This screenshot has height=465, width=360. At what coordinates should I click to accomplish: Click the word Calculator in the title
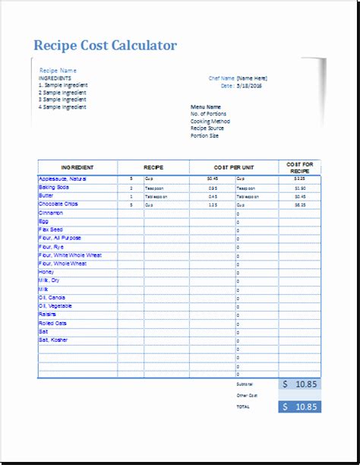tap(143, 46)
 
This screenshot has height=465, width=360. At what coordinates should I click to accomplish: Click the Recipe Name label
tap(58, 70)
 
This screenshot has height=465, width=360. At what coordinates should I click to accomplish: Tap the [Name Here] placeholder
tap(251, 77)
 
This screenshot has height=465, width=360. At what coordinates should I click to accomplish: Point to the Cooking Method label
tap(210, 122)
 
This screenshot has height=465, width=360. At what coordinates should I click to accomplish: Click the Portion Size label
tap(206, 135)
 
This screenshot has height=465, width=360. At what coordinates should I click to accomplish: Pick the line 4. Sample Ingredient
tap(62, 107)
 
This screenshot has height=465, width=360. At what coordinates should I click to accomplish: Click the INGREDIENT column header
tap(77, 167)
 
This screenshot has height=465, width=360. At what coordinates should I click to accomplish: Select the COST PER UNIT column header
tap(234, 167)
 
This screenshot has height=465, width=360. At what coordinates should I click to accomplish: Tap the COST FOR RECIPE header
tap(299, 167)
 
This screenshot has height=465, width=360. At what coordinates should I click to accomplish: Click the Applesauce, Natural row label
tap(63, 179)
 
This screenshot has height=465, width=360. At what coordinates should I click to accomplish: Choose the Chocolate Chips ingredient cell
tap(58, 204)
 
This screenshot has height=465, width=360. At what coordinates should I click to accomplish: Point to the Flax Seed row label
tap(51, 229)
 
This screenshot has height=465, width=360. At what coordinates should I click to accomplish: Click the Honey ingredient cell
tap(46, 272)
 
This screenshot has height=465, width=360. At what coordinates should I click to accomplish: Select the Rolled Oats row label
tap(53, 323)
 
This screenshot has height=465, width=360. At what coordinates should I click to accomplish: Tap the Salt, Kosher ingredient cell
tap(53, 340)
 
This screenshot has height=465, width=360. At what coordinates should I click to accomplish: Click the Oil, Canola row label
tap(52, 297)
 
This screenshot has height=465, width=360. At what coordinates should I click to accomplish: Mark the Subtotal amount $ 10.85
tap(299, 385)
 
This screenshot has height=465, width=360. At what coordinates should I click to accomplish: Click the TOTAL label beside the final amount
tap(243, 407)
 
